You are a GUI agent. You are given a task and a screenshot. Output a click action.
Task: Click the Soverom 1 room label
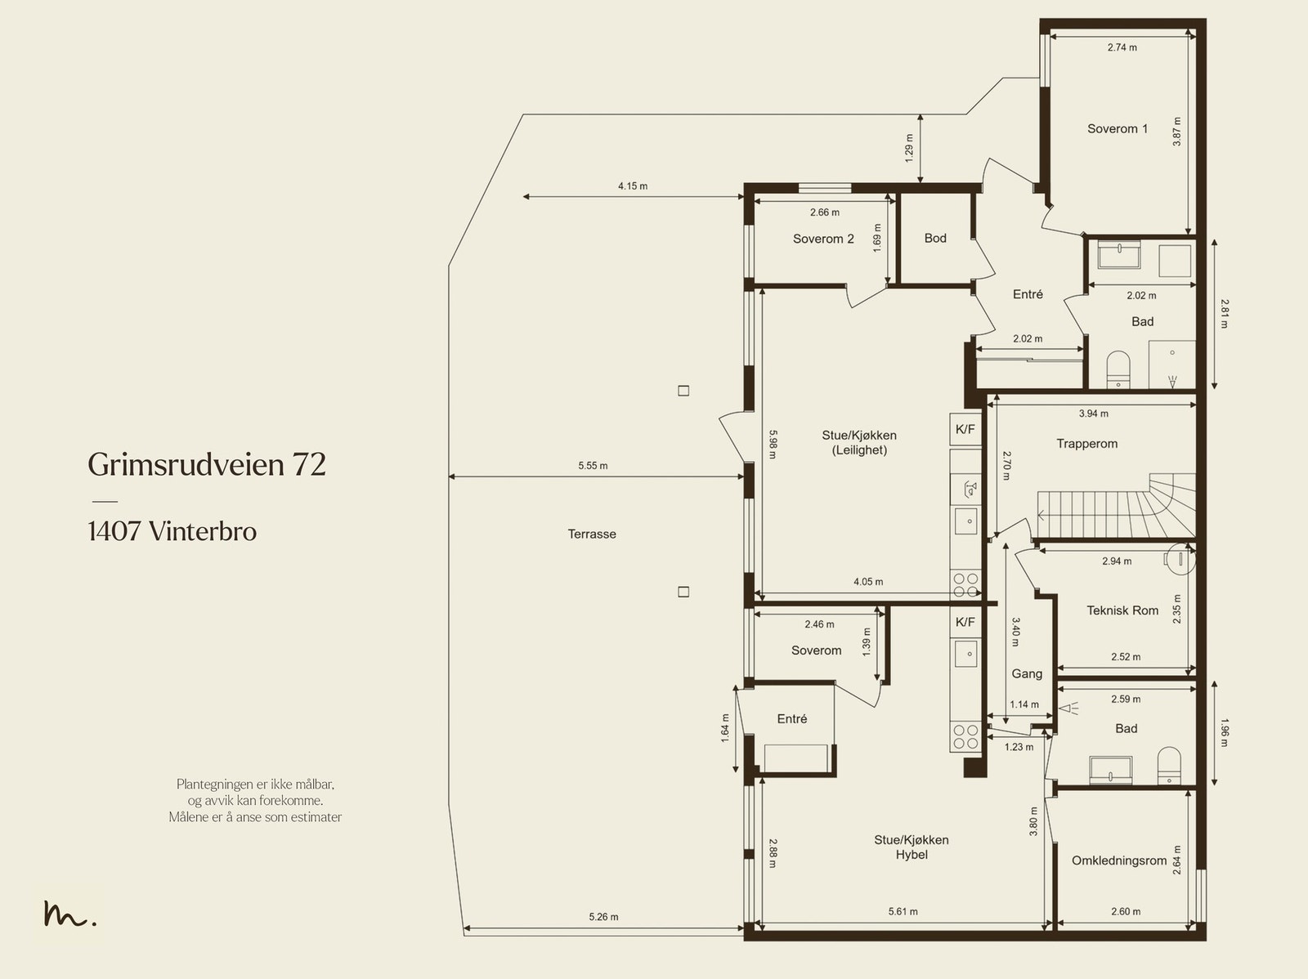1118,128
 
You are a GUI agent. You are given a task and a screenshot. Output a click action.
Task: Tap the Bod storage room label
935,238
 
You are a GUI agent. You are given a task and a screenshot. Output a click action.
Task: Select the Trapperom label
1087,444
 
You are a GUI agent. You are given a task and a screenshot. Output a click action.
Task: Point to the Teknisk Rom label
1122,610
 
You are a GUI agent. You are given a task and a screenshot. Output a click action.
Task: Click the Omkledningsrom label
1119,861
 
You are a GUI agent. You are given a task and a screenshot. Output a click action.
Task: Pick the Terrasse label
592,534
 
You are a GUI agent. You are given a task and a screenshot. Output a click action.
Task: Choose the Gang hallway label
1027,673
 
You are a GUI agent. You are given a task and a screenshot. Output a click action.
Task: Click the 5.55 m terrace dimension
593,466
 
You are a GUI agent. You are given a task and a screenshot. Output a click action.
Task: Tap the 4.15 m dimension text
633,186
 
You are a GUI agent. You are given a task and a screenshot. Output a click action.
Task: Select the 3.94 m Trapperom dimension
1094,414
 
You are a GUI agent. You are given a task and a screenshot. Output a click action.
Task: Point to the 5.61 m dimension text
903,912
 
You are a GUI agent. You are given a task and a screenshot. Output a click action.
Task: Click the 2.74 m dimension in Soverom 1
1122,47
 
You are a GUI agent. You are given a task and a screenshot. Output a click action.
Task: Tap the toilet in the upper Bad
1118,370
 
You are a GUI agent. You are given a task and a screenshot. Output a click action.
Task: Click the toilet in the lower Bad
1169,766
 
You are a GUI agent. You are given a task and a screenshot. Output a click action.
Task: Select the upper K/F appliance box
965,429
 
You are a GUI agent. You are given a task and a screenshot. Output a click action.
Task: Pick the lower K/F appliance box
965,622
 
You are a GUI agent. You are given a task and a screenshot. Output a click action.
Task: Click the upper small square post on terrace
683,391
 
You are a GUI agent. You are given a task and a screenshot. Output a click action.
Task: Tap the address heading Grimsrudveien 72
207,464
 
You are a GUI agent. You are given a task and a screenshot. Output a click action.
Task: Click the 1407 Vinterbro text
172,531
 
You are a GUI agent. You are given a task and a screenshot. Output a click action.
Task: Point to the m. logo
69,914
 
